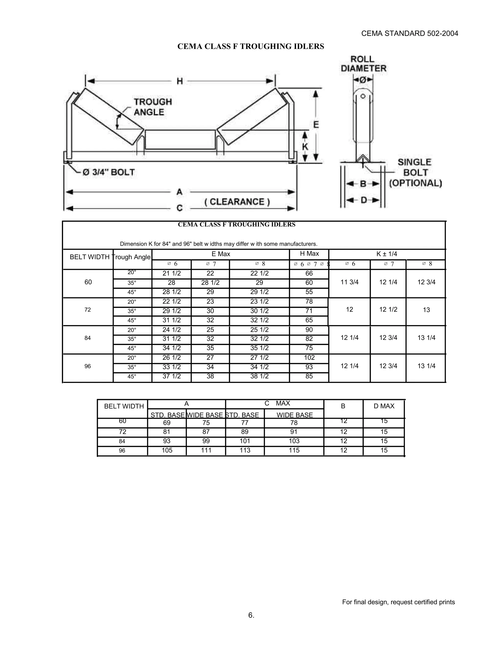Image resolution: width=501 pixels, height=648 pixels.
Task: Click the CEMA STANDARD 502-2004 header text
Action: tap(410, 34)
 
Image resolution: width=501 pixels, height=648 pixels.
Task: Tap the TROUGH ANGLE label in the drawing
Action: tap(153, 107)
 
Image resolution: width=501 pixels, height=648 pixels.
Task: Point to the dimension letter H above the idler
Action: tap(180, 81)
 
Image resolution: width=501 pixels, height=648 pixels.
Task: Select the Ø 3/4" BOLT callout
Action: tap(109, 172)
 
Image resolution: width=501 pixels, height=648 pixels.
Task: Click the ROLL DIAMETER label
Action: tap(364, 64)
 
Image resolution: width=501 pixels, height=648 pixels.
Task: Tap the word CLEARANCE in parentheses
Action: tap(237, 202)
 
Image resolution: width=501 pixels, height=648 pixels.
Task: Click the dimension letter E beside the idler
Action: tap(316, 125)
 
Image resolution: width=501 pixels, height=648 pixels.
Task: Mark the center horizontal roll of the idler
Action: tap(180, 139)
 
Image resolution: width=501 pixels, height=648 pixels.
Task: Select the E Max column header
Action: tap(221, 254)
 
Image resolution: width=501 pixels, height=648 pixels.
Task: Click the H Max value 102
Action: tap(309, 358)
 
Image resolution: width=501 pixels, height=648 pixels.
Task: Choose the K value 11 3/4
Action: tap(349, 282)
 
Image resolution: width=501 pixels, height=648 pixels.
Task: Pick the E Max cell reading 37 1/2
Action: tap(171, 377)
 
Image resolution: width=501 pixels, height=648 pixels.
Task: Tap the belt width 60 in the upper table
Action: tap(88, 282)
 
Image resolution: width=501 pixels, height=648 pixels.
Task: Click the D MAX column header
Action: tap(384, 406)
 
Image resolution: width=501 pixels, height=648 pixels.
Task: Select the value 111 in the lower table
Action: tap(206, 450)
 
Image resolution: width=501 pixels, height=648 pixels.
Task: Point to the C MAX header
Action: tap(277, 403)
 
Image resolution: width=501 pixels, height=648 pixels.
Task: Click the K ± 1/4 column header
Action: tap(387, 254)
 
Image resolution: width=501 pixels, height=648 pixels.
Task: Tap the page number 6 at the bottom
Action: tap(251, 615)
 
